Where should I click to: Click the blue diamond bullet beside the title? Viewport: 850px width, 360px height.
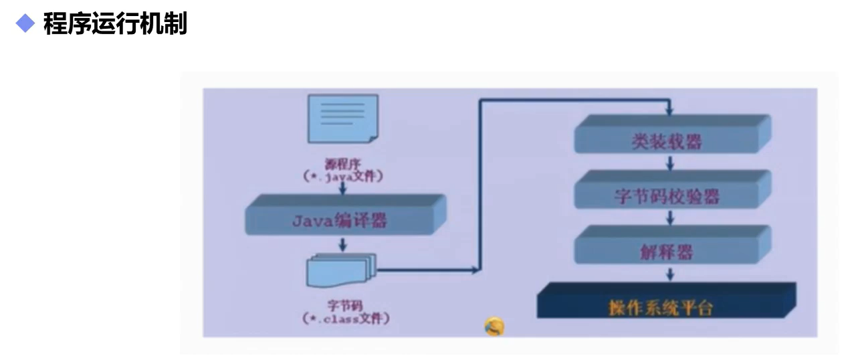[x=25, y=25]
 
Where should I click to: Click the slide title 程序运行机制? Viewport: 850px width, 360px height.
[x=115, y=25]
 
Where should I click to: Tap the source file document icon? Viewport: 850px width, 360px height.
[x=342, y=118]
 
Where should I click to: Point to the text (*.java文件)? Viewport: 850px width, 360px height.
[x=342, y=177]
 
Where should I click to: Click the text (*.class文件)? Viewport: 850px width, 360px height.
[x=345, y=318]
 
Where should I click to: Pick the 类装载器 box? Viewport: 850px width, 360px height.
[x=667, y=141]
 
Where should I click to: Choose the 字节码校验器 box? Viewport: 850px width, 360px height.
[x=667, y=197]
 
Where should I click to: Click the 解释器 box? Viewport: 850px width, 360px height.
[x=667, y=252]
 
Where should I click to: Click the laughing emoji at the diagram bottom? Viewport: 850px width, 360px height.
[x=494, y=327]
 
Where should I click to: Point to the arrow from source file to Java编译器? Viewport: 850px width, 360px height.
[x=342, y=188]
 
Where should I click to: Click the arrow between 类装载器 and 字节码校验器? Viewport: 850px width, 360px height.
[x=669, y=163]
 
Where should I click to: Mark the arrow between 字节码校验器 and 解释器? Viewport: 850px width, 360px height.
[x=669, y=217]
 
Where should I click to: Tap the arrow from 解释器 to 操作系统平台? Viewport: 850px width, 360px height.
[x=669, y=274]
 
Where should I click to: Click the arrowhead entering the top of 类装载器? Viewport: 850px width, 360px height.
[x=669, y=110]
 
